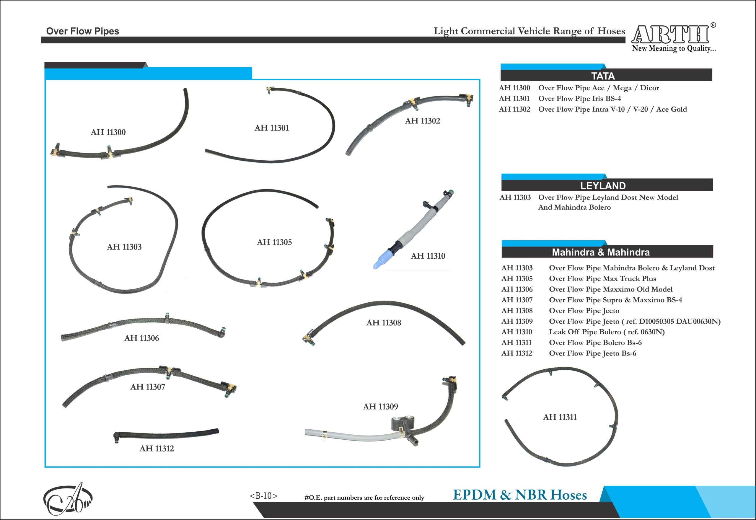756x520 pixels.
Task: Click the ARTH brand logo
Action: pyautogui.click(x=670, y=34)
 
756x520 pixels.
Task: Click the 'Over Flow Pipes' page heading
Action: pyautogui.click(x=82, y=31)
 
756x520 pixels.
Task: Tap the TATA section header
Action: pyautogui.click(x=603, y=76)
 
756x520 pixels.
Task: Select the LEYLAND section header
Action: pyautogui.click(x=603, y=186)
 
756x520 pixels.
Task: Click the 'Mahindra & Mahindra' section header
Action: pyautogui.click(x=601, y=252)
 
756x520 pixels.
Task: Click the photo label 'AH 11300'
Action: pyautogui.click(x=108, y=132)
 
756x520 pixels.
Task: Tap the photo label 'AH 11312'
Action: pyautogui.click(x=157, y=449)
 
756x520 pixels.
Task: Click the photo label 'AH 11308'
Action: pyautogui.click(x=384, y=323)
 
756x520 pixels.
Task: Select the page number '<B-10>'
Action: pyautogui.click(x=264, y=495)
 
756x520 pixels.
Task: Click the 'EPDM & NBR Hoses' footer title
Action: pyautogui.click(x=520, y=495)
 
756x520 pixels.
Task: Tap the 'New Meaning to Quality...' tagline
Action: pyautogui.click(x=674, y=48)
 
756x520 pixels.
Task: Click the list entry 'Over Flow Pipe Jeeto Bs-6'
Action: pyautogui.click(x=592, y=353)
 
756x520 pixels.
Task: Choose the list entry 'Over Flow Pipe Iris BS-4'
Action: pyautogui.click(x=579, y=98)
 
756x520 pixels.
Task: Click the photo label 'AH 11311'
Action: pyautogui.click(x=560, y=417)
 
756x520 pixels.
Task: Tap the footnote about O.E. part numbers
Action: pyautogui.click(x=364, y=498)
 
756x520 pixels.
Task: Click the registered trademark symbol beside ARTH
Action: pyautogui.click(x=713, y=25)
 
